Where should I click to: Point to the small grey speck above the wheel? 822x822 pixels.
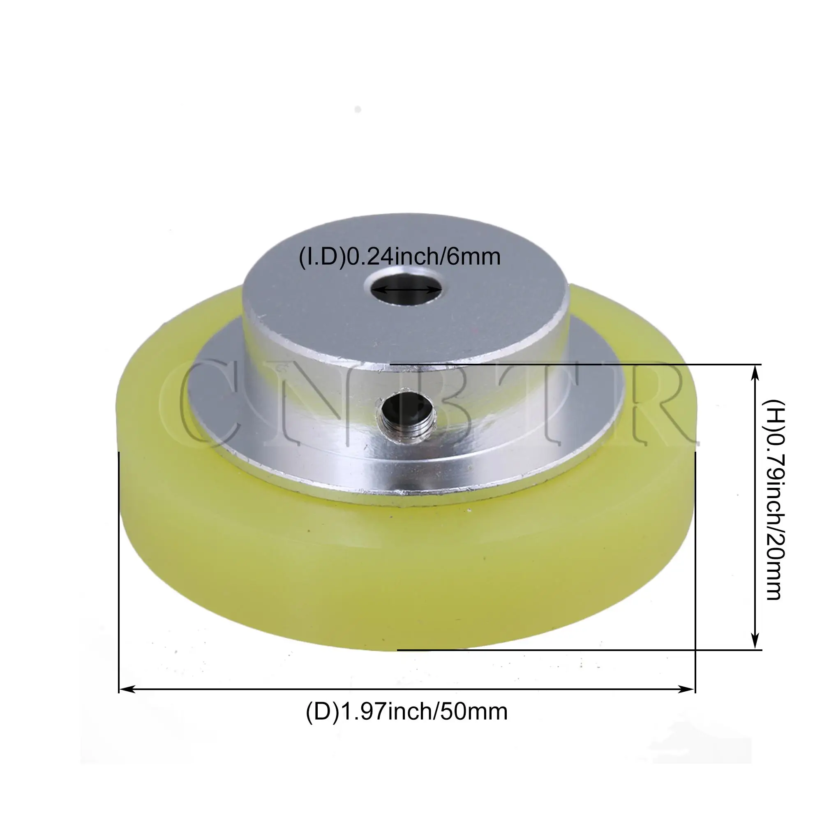358,109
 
